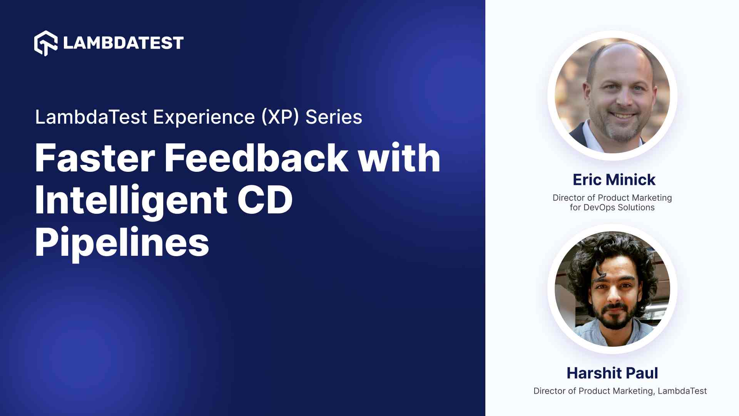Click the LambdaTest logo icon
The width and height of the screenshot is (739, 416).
46,43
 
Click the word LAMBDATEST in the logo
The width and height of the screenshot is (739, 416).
123,43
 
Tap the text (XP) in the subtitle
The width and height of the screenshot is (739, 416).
280,117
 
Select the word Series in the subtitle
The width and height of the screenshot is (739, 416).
333,117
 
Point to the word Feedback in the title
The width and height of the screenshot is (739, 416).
256,158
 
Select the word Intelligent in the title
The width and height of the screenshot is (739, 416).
131,200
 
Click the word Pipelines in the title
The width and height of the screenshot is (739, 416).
122,243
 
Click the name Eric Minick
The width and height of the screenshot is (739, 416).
614,179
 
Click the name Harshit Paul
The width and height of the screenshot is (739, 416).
612,373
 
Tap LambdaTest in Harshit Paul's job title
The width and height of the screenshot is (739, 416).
682,391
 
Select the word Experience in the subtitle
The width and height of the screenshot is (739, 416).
204,117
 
